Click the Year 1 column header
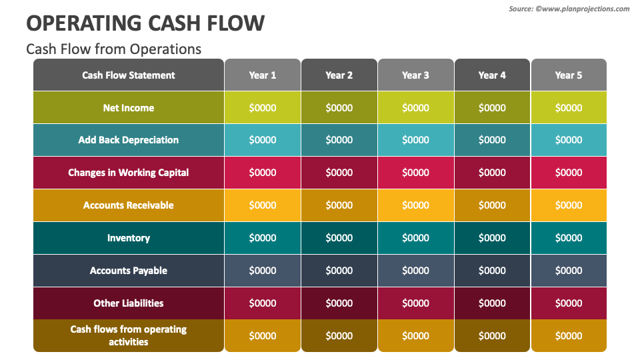(263, 75)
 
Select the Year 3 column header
(415, 75)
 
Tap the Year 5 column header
(569, 75)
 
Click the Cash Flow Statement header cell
(129, 75)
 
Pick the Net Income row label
(129, 108)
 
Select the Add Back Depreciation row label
(129, 140)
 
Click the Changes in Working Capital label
(129, 173)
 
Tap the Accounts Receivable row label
(129, 205)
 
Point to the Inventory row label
(129, 238)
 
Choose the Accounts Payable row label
(129, 271)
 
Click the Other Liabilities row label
(129, 303)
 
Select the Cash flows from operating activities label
(129, 335)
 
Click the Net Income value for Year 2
(339, 108)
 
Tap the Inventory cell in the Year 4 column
(492, 238)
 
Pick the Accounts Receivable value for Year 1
(263, 205)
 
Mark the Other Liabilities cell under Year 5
(569, 303)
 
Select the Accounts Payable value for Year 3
(415, 271)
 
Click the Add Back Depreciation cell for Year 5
(569, 140)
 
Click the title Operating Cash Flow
(145, 23)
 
